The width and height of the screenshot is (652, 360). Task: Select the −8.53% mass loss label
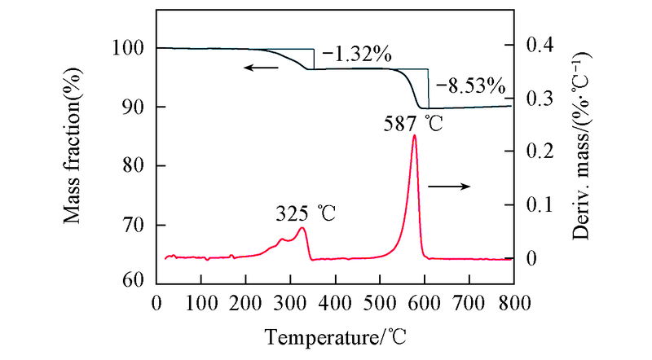tap(470, 85)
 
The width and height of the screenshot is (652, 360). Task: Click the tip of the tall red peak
tap(414, 135)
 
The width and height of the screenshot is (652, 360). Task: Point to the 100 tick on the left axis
tap(130, 48)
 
